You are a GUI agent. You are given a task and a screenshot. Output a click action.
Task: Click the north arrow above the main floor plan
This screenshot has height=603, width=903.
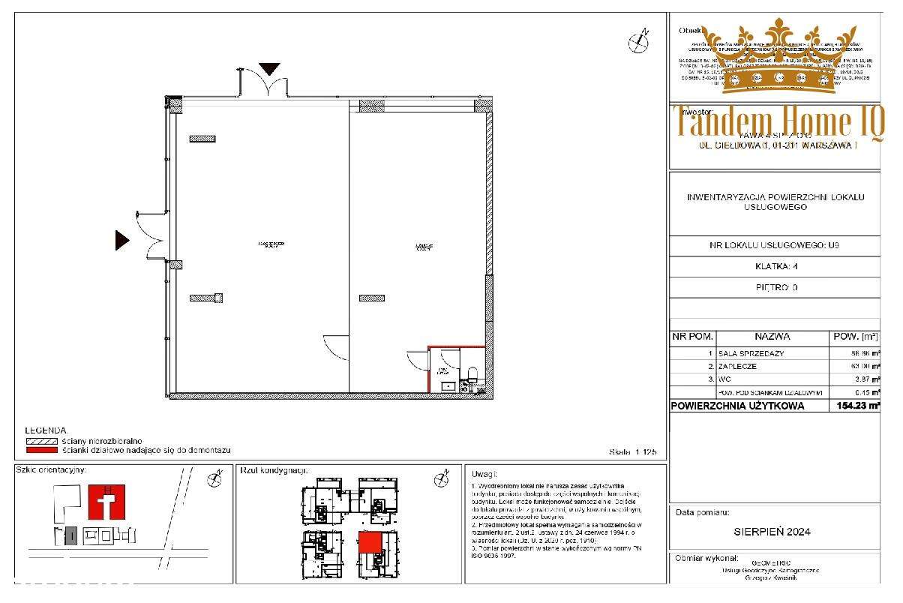pos(638,42)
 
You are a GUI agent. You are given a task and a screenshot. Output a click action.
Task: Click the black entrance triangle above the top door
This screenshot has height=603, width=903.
pos(269,69)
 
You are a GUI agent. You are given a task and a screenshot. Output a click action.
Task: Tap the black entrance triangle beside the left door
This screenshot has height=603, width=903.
pos(121,240)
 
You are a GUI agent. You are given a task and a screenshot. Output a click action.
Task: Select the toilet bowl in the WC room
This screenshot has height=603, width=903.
pos(472,374)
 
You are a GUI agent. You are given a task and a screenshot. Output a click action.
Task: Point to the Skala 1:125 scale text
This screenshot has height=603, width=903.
pos(634,452)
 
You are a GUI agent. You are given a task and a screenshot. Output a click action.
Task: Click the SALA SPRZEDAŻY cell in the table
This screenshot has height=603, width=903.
pos(752,353)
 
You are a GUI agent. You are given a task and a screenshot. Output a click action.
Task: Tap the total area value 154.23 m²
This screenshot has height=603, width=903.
pos(854,406)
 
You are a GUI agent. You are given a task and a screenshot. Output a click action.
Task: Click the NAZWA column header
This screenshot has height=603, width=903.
pos(772,337)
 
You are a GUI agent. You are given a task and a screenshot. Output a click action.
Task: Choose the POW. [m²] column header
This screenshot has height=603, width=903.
pos(853,337)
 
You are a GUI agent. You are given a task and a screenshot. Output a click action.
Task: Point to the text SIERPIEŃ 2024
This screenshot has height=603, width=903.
pos(774,532)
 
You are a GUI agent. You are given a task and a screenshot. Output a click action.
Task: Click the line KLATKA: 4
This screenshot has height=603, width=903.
pos(774,265)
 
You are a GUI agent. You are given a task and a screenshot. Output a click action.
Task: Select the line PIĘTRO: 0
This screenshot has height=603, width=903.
pos(774,286)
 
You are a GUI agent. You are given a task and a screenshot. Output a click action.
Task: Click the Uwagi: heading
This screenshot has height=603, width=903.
pos(485,474)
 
